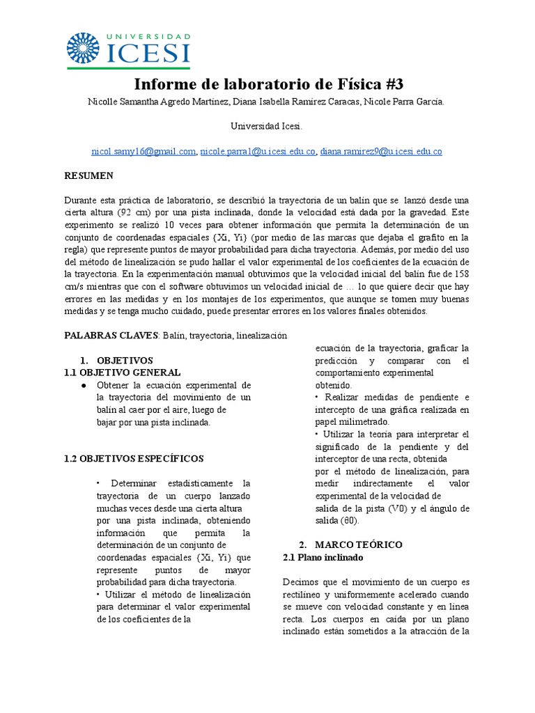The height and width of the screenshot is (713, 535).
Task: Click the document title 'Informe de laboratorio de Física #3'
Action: click(x=268, y=84)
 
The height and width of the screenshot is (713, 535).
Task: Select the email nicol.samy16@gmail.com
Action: click(x=144, y=151)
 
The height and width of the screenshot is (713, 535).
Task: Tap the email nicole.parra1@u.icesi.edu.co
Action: click(x=258, y=151)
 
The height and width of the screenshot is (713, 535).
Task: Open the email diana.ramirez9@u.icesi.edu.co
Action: click(x=381, y=151)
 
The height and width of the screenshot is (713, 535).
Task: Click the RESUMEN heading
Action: click(x=88, y=175)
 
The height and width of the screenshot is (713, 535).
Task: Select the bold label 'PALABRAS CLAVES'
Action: click(x=111, y=335)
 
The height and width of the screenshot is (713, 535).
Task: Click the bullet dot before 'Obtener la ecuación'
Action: click(x=84, y=385)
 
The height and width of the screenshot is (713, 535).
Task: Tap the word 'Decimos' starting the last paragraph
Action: click(x=302, y=581)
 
